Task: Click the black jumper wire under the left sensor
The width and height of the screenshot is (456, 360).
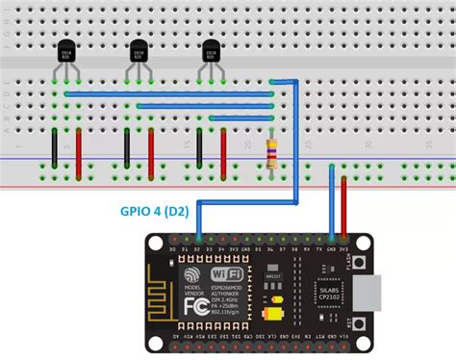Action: [55, 147]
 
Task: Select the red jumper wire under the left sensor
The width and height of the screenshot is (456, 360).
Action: [79, 152]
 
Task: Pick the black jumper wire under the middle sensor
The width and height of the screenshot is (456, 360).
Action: [127, 147]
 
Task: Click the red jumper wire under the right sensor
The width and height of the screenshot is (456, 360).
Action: [223, 152]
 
